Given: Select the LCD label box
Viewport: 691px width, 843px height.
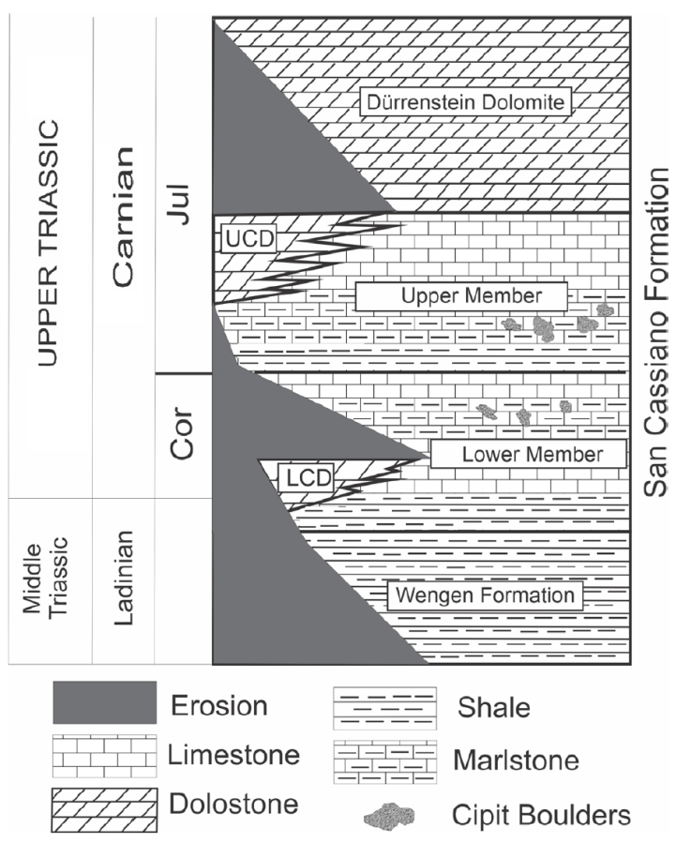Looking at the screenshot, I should click(306, 475).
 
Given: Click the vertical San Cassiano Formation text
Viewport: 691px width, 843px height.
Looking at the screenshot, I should click(662, 333).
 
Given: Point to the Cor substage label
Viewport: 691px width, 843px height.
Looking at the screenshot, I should click(184, 432).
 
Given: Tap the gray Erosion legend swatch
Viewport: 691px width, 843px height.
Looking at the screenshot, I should click(103, 704).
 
